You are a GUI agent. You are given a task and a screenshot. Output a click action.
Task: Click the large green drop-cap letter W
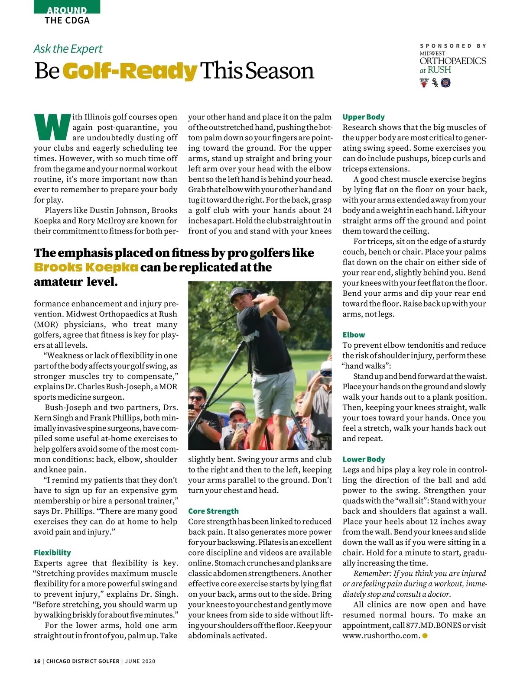52,127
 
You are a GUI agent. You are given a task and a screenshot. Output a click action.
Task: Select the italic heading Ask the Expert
68,49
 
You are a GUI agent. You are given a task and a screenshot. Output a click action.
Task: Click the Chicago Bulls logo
423,82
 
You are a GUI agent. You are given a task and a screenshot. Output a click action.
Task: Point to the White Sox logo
435,82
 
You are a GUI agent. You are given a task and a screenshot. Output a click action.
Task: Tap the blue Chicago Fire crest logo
445,82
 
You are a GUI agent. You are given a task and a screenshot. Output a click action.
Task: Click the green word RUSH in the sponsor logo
439,70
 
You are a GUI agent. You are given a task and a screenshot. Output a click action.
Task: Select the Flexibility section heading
52,553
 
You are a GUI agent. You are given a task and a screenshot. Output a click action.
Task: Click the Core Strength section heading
213,511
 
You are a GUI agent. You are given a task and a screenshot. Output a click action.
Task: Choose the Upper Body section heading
364,117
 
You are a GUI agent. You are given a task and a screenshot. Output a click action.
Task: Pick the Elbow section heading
354,335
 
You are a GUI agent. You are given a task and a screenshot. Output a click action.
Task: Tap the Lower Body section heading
364,459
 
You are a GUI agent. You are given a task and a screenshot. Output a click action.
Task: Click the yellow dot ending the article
425,636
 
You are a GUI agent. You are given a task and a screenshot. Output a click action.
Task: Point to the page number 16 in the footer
37,661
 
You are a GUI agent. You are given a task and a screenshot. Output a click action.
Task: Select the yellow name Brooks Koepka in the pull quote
86,267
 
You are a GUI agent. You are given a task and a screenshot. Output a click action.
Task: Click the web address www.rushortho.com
381,636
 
